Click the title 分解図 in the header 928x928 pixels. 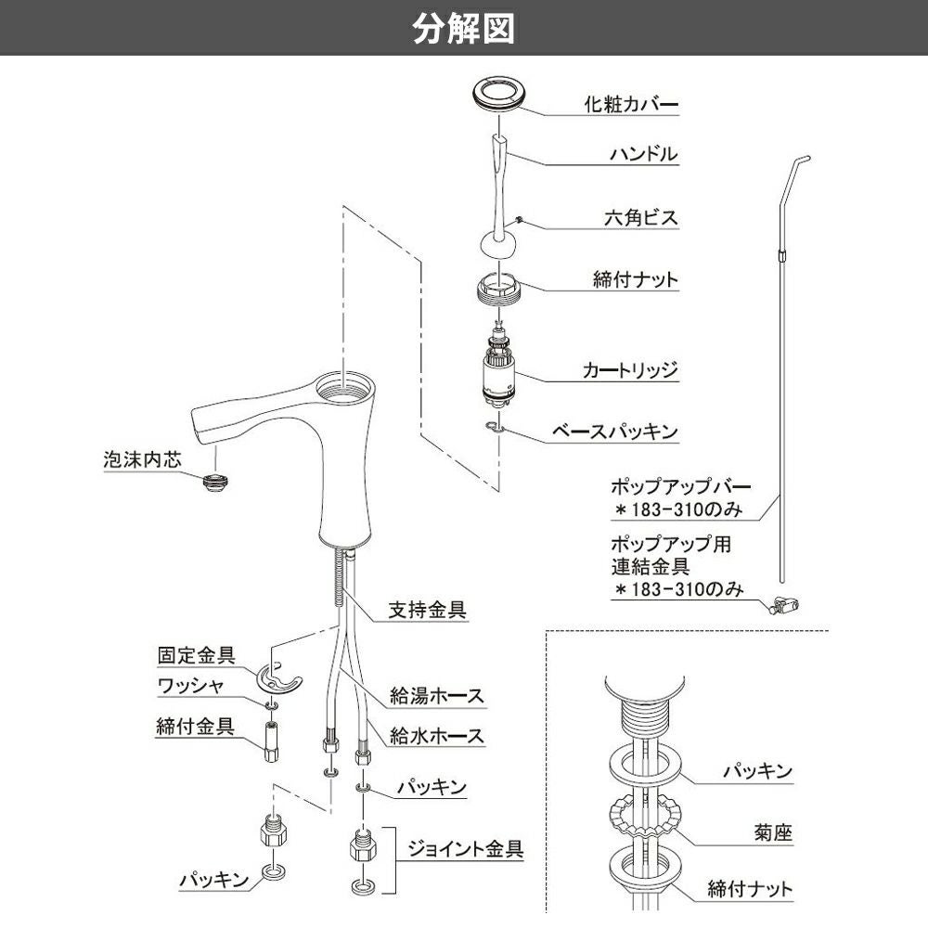(x=463, y=28)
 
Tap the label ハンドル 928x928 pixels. (x=644, y=155)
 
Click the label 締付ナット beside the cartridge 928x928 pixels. (x=636, y=279)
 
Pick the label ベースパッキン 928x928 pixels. (x=615, y=432)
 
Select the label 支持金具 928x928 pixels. (x=427, y=611)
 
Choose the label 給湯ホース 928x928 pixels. (x=436, y=695)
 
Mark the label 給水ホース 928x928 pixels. (x=436, y=737)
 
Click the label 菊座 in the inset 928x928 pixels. (x=773, y=833)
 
